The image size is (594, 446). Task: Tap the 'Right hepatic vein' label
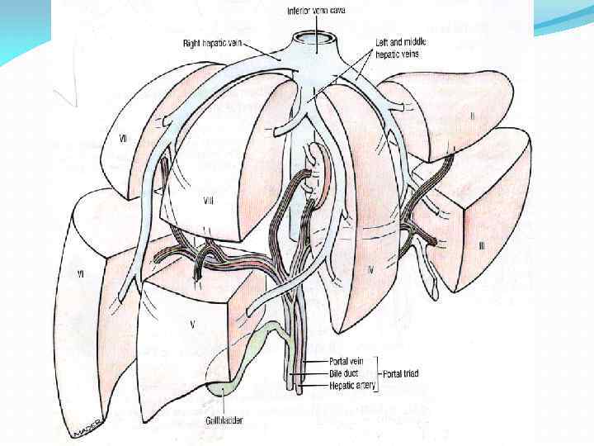coord(214,40)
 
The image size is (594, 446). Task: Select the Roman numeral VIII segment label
coord(208,202)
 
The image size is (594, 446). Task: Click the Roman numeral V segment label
coord(191,324)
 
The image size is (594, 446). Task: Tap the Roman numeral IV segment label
coord(370,270)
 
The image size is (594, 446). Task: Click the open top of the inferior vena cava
coord(313,38)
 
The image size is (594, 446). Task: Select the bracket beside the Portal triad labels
coord(375,373)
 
